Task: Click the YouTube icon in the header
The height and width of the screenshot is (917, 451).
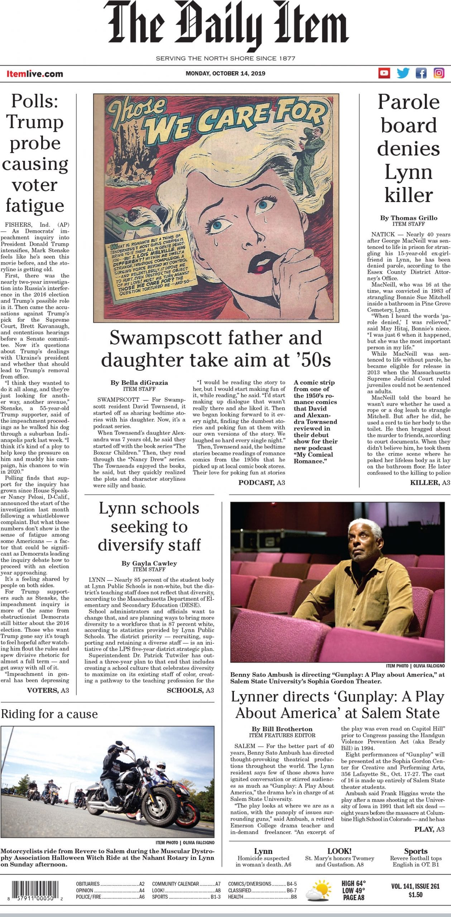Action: coord(384,73)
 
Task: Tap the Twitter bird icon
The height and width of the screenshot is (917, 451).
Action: coord(403,73)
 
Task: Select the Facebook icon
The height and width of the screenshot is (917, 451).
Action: coord(421,73)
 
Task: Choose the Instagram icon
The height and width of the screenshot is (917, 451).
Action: coord(439,73)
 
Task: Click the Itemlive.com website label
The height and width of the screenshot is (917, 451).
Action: coord(35,74)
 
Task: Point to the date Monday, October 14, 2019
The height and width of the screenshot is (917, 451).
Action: coord(225,73)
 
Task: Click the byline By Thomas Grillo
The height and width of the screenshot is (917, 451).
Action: coord(408,218)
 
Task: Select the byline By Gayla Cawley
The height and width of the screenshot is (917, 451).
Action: coord(149,563)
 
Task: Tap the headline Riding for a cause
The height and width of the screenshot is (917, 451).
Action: coord(49,714)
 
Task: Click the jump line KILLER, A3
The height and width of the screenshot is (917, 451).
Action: coord(430,482)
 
